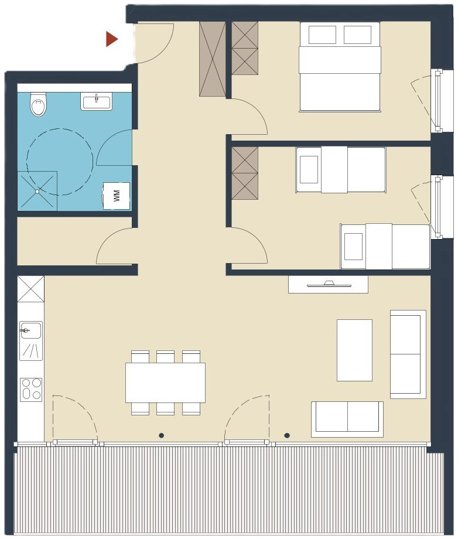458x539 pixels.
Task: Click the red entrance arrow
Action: point(111,39)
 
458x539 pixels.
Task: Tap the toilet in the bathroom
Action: point(38,104)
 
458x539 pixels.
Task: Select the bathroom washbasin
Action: point(97,101)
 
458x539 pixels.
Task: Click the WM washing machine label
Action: point(117,196)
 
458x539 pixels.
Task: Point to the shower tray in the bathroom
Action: point(37,191)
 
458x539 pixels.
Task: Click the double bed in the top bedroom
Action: point(340,67)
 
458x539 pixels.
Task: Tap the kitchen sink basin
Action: point(30,330)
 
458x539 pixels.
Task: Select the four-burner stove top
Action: point(31,390)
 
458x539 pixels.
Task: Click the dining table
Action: point(165,382)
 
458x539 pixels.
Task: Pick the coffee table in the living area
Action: point(354,350)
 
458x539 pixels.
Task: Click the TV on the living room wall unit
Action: point(330,284)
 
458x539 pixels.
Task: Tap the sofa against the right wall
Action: point(408,354)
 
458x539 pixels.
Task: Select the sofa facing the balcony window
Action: point(347,419)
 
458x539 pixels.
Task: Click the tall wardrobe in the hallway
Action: point(213,59)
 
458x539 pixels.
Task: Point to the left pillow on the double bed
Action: point(322,35)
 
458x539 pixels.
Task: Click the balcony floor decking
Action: point(228,491)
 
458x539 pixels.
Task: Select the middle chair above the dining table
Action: point(165,356)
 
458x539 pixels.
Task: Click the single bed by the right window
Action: point(385,247)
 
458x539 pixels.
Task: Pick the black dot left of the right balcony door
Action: point(162,435)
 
